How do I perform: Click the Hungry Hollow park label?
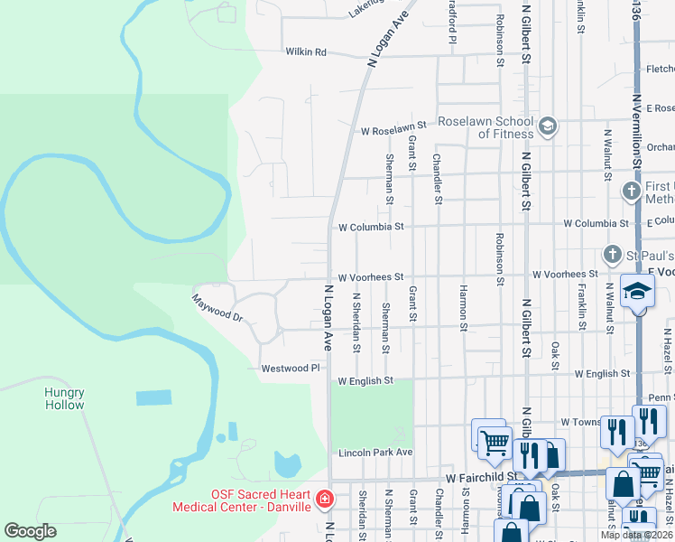(64, 398)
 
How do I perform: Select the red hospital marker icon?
(325, 499)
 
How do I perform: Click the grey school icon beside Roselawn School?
(548, 127)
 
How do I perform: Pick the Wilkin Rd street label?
(306, 52)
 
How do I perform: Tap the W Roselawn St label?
(393, 130)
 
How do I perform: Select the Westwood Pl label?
(291, 369)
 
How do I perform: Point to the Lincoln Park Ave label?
(375, 453)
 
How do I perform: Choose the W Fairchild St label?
(480, 475)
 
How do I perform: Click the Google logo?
(30, 531)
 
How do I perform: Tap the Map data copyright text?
(635, 535)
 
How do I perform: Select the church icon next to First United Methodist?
(632, 192)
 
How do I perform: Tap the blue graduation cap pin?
(637, 293)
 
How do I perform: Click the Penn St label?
(661, 397)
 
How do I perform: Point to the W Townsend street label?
(580, 422)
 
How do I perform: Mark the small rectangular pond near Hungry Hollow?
(153, 397)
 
